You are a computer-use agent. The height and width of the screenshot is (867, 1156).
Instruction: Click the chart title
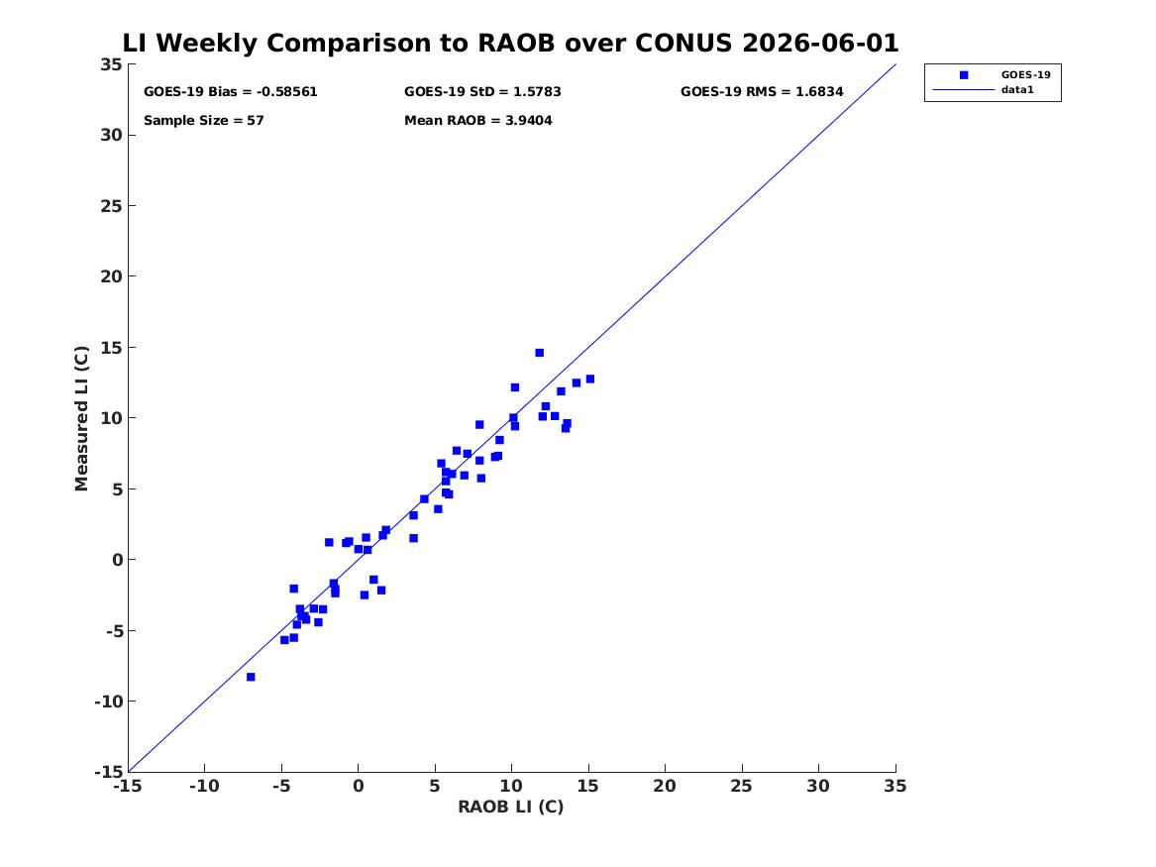pyautogui.click(x=510, y=43)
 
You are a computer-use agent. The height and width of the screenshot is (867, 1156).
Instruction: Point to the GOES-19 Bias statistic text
pyautogui.click(x=230, y=91)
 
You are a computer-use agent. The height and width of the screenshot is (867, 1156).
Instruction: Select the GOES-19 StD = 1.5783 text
pyautogui.click(x=482, y=91)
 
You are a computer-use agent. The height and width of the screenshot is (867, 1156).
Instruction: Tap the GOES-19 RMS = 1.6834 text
pyautogui.click(x=762, y=91)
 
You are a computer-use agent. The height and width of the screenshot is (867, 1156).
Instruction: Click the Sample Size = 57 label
pyautogui.click(x=203, y=120)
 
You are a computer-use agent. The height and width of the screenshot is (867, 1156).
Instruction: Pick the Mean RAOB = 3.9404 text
pyautogui.click(x=477, y=120)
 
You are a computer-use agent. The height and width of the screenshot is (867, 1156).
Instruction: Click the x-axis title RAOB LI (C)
pyautogui.click(x=511, y=807)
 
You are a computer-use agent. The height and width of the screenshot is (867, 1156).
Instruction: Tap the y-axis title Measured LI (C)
pyautogui.click(x=81, y=418)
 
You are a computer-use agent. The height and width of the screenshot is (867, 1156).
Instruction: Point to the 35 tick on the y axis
pyautogui.click(x=111, y=64)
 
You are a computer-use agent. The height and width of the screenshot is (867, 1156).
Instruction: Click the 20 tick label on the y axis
pyautogui.click(x=111, y=276)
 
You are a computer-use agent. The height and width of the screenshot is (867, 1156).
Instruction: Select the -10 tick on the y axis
pyautogui.click(x=108, y=702)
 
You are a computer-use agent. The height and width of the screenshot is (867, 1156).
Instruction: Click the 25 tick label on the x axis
pyautogui.click(x=742, y=786)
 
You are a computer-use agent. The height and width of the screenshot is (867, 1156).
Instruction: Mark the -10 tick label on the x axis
pyautogui.click(x=204, y=786)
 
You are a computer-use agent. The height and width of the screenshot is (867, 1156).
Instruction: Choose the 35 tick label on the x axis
pyautogui.click(x=895, y=786)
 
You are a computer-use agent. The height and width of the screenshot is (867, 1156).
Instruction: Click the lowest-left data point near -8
pyautogui.click(x=251, y=677)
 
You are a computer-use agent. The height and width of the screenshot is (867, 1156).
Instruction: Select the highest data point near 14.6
pyautogui.click(x=540, y=353)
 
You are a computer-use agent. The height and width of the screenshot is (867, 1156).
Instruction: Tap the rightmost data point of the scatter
pyautogui.click(x=589, y=379)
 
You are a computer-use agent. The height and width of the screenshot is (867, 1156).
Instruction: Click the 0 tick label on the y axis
pyautogui.click(x=117, y=560)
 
